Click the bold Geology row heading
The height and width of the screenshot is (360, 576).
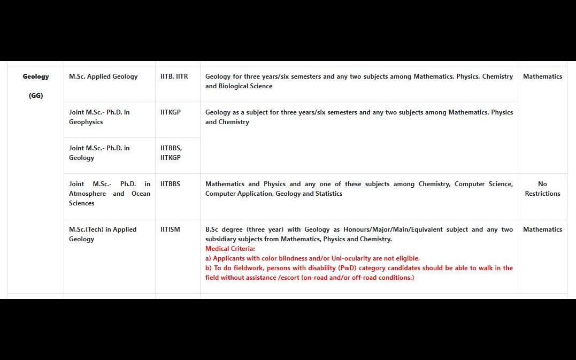(x=36, y=76)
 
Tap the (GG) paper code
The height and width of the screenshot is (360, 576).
(x=36, y=96)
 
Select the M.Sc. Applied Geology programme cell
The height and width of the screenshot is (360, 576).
(x=103, y=76)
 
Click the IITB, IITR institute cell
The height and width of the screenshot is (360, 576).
(x=174, y=76)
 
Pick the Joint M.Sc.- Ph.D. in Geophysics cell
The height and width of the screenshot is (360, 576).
(x=99, y=117)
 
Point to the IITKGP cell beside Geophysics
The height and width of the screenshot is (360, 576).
(x=171, y=112)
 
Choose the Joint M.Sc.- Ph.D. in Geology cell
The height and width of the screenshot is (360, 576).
(x=99, y=153)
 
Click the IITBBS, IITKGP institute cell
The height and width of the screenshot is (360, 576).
(x=171, y=153)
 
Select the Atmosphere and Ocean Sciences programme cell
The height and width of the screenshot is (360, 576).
(x=110, y=194)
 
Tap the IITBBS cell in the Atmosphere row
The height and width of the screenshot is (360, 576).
(x=170, y=184)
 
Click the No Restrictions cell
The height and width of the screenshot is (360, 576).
(x=542, y=189)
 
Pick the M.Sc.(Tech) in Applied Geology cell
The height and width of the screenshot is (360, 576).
(x=103, y=234)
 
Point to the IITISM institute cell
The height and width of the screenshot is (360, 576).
(x=170, y=229)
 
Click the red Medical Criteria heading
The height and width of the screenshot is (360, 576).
(x=230, y=249)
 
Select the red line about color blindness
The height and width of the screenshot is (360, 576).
(x=312, y=258)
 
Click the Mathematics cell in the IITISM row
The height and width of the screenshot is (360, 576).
(x=542, y=229)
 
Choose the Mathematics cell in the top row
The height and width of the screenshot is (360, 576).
(x=542, y=76)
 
